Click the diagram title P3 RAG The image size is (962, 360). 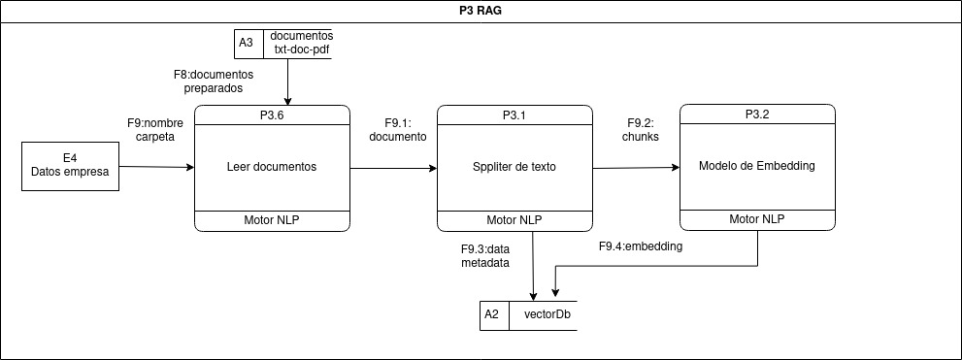tap(481, 11)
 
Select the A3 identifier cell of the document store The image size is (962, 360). tap(248, 44)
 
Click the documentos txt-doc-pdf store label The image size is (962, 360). tap(301, 44)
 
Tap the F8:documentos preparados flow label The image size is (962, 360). tap(213, 81)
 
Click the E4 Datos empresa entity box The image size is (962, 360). tap(71, 166)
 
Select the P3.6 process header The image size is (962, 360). tap(272, 115)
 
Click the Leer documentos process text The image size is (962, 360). tap(272, 167)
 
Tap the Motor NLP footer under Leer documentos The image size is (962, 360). tap(272, 220)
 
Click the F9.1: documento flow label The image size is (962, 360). tap(398, 130)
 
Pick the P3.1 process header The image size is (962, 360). tap(514, 115)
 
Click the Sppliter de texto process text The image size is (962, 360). tap(514, 167)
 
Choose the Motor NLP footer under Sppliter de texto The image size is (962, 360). tap(514, 220)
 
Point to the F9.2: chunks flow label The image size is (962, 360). tap(641, 130)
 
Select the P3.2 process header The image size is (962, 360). tap(757, 115)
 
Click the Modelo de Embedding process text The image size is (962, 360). tap(757, 166)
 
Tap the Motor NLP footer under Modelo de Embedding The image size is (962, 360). tap(757, 220)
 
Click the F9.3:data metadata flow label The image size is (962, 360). tap(484, 255)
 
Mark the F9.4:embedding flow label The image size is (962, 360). tap(641, 246)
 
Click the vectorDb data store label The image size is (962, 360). tap(547, 315)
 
